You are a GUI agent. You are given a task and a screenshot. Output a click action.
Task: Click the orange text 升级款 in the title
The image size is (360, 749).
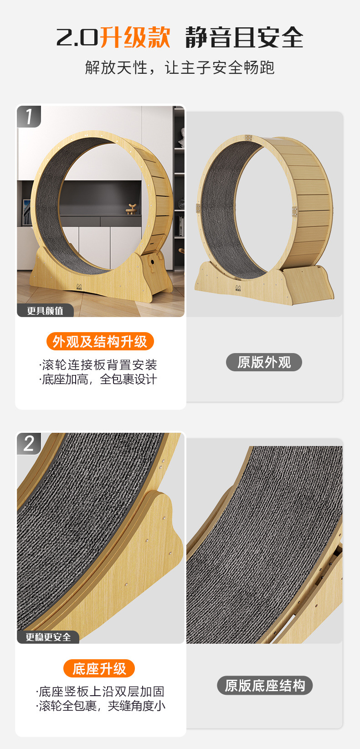(x=135, y=37)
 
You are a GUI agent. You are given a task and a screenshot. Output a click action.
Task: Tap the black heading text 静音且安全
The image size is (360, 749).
(x=244, y=37)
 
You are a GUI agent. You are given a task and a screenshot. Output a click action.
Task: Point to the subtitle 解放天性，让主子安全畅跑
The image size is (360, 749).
(x=180, y=67)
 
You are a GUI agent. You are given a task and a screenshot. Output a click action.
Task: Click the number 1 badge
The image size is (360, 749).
(x=29, y=116)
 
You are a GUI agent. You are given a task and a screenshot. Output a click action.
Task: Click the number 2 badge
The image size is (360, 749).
(x=29, y=443)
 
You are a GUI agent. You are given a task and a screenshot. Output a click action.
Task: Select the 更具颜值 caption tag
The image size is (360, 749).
(x=45, y=311)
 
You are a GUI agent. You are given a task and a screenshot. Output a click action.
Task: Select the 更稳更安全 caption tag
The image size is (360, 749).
(x=48, y=637)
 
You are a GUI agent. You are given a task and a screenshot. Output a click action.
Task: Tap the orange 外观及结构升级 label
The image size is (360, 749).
(x=100, y=341)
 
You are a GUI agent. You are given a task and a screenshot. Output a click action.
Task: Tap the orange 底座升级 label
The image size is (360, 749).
(x=99, y=668)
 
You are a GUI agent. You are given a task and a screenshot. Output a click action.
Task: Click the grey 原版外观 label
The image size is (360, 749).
(x=264, y=362)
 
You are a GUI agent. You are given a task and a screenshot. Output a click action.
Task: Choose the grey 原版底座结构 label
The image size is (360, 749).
(x=265, y=686)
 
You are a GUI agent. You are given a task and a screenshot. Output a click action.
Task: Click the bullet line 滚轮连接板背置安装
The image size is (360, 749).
(x=98, y=365)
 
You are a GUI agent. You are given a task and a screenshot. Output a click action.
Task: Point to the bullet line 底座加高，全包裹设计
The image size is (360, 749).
(x=98, y=380)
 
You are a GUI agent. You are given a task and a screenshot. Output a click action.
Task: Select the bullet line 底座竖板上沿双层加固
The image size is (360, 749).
(x=100, y=691)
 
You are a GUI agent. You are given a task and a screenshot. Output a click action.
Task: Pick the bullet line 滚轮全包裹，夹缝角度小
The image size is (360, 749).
(x=100, y=706)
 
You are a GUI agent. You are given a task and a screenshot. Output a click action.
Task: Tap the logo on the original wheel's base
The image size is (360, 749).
(x=238, y=288)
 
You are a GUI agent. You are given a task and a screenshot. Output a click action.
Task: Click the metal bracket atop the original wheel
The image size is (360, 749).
(x=248, y=138)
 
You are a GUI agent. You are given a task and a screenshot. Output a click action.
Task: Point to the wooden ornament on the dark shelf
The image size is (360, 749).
(x=131, y=209)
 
